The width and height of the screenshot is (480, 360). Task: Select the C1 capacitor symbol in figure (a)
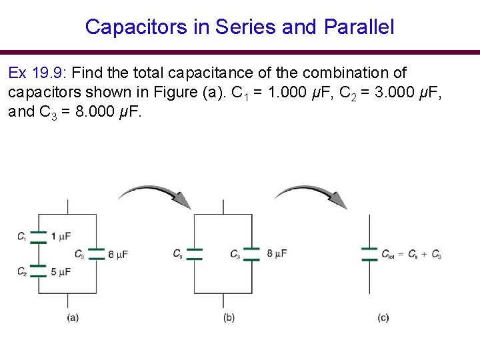pos(39,237)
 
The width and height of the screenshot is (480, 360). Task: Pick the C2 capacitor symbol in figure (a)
pos(39,271)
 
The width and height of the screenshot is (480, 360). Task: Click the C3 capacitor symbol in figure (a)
pos(97,253)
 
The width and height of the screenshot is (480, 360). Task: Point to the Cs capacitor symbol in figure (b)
pos(194,253)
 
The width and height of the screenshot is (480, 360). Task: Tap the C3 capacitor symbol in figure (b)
pos(251,253)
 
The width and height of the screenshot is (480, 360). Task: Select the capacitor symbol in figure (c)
pos(369,253)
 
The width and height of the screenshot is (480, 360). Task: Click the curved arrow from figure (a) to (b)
pos(155,195)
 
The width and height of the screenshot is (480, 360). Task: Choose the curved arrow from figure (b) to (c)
pos(311,195)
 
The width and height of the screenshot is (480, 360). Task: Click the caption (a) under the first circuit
pos(73,318)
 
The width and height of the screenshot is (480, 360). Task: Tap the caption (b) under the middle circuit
pos(229,318)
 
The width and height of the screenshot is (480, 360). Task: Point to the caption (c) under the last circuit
pos(383,318)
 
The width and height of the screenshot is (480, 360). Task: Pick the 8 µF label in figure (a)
pos(121,254)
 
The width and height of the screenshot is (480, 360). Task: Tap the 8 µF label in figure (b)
pos(277,253)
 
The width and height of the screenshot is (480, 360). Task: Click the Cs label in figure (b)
pos(177,254)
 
